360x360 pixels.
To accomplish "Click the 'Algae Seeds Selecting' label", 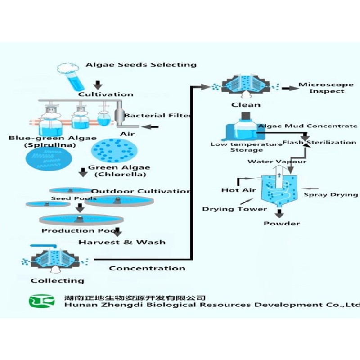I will (x=141, y=64).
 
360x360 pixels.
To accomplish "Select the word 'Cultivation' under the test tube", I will (x=106, y=94).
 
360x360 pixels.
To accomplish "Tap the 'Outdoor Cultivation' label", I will (x=141, y=191).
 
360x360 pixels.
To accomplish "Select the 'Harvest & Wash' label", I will (x=122, y=242).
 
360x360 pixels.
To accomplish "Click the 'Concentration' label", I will (x=147, y=268).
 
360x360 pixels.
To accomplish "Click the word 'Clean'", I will (x=246, y=105).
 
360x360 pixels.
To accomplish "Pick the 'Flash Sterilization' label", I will (x=319, y=142).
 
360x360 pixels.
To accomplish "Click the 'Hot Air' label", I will (x=238, y=190).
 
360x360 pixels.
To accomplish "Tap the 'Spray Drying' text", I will (x=331, y=194).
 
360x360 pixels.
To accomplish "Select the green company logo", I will (x=42, y=301).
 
